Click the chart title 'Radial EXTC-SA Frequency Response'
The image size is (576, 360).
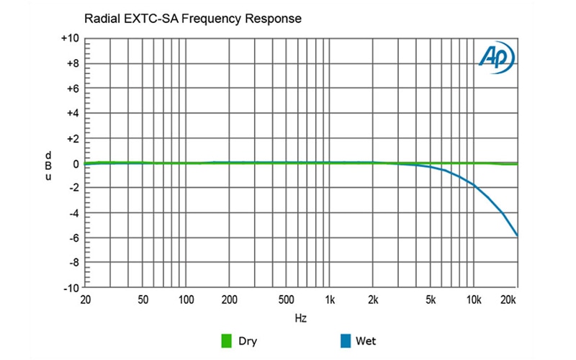point(192,17)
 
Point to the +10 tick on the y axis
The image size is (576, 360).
point(71,39)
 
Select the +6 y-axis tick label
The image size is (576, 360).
point(73,89)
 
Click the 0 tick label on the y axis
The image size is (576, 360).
point(75,163)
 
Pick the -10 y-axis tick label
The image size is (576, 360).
point(71,288)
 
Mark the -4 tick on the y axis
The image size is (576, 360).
point(73,213)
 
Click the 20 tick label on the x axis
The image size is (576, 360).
point(85,299)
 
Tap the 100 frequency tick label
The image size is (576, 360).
point(186,299)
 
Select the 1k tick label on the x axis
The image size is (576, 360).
point(330,299)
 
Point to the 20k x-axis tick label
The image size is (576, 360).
point(510,299)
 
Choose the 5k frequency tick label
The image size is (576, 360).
point(431,299)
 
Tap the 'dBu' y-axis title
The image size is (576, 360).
point(48,165)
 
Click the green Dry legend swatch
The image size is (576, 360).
point(225,341)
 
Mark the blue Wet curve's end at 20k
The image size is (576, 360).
point(517,235)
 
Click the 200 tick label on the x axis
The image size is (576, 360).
point(229,299)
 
